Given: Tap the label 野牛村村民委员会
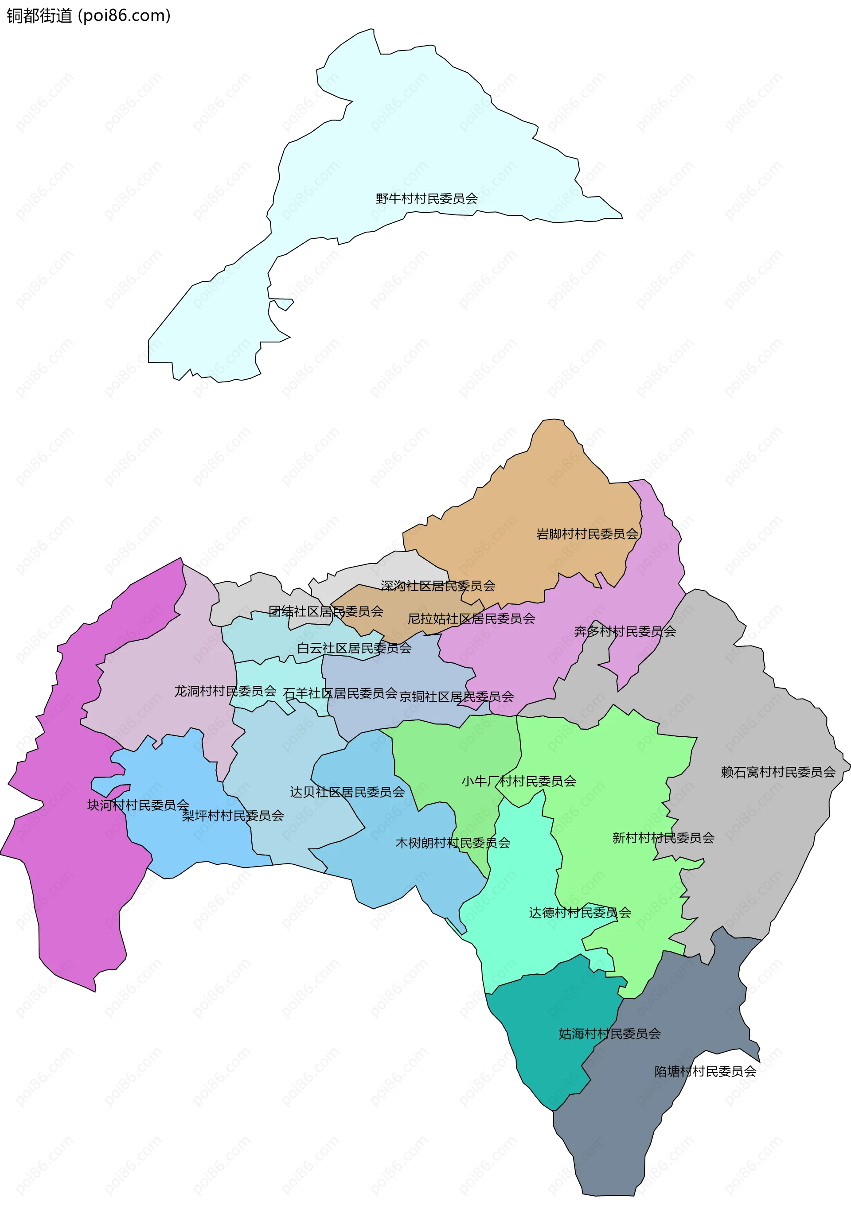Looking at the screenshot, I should point(426,199).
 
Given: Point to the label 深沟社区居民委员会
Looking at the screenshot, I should point(438,586).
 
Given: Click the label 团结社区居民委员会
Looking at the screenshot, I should point(326,611).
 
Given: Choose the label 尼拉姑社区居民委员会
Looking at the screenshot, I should point(471,618).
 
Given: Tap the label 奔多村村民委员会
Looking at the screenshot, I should point(625,631).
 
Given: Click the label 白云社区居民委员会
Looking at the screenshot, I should point(354,648).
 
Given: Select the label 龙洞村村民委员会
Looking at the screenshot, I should point(225,691).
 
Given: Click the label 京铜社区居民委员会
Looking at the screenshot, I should point(457,696).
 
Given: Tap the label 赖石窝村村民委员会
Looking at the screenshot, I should point(778,772).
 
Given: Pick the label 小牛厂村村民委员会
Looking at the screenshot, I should point(519,781).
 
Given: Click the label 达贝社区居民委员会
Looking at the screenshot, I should point(347,792).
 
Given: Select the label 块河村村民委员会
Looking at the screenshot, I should point(138,805).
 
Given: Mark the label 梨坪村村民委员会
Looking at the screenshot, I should point(233,815).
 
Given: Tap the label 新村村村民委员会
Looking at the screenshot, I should point(664,838).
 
